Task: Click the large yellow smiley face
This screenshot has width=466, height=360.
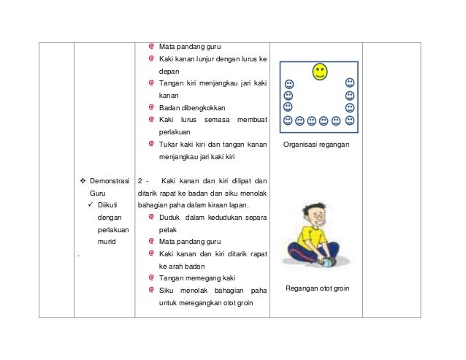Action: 319,72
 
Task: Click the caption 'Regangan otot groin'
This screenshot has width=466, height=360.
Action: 318,288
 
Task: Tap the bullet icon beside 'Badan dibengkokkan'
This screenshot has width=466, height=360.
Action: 150,107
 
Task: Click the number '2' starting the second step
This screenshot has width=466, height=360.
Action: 140,180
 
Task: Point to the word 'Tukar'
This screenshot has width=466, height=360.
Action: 168,144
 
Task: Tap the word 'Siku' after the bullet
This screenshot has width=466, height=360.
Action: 166,290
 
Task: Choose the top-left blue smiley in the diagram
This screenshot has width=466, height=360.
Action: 289,84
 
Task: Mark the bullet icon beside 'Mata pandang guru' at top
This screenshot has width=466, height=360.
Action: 150,45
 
